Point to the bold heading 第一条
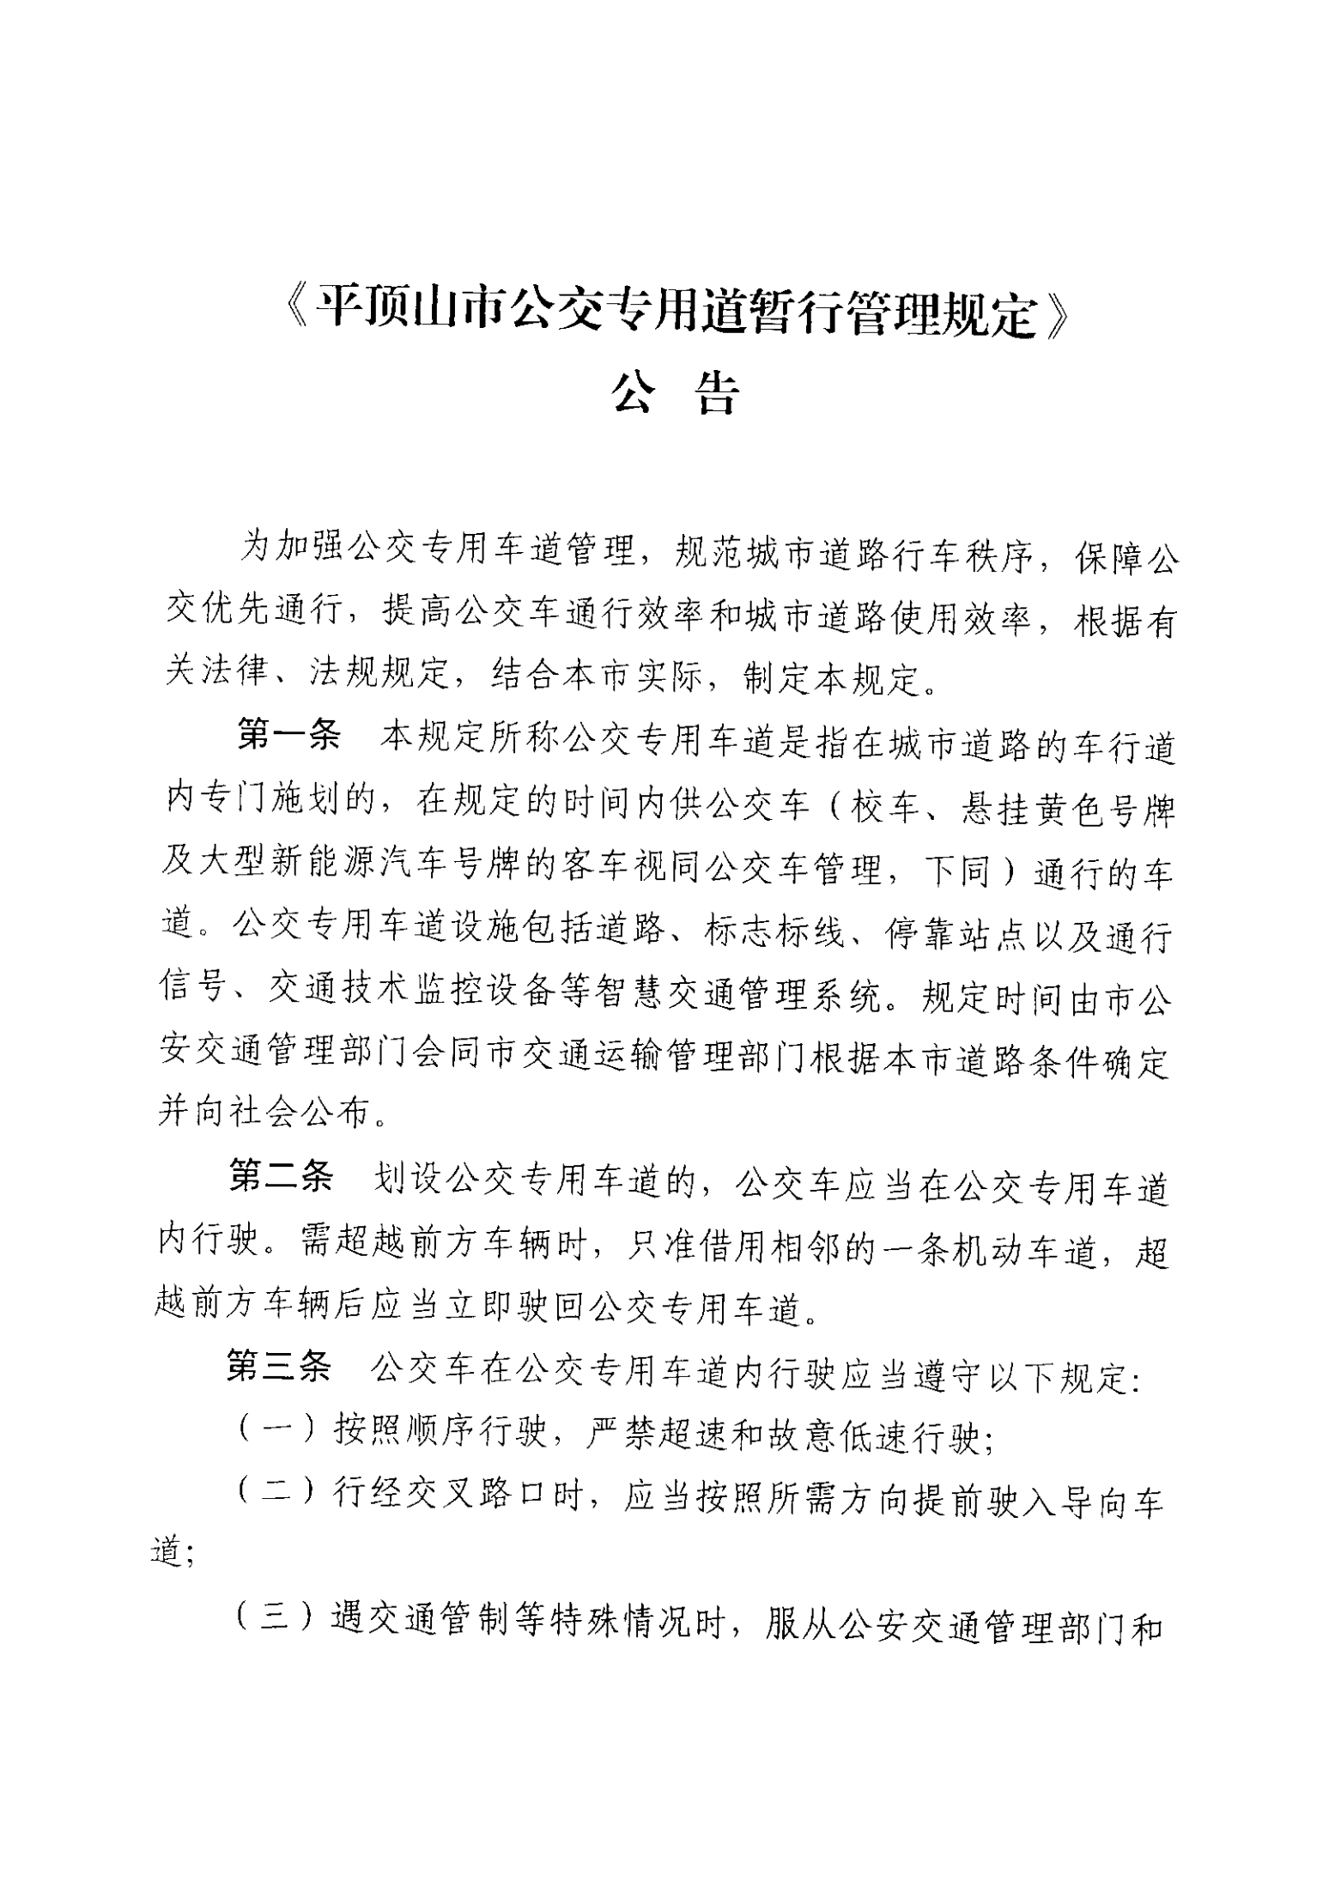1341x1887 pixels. pos(289,737)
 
